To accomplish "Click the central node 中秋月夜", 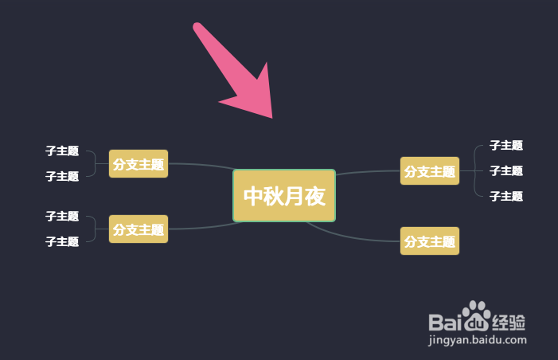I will [x=284, y=196].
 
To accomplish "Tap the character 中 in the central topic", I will [x=254, y=196].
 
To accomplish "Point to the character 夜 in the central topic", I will [x=315, y=196].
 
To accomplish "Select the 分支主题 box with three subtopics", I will [x=430, y=171].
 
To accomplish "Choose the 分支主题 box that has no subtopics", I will [x=430, y=241].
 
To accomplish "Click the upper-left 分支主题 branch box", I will [x=139, y=164].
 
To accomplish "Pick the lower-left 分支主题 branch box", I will [x=139, y=229].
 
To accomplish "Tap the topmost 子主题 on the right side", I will [x=506, y=146].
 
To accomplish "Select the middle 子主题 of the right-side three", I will [x=506, y=170].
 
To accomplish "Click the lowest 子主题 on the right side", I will [x=506, y=196].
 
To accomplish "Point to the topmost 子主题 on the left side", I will [x=62, y=151].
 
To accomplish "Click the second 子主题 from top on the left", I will [x=62, y=176].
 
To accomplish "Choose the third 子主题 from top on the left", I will [x=62, y=216].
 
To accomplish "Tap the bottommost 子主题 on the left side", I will [x=62, y=241].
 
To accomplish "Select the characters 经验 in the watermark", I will [x=509, y=323].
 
